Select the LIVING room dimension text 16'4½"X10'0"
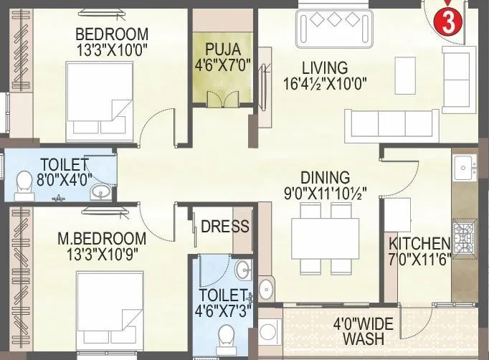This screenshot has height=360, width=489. point(325,82)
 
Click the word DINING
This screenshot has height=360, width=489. point(326,177)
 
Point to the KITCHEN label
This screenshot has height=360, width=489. point(419,244)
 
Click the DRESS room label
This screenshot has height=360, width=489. point(224,227)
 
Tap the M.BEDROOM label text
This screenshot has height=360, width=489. point(101,237)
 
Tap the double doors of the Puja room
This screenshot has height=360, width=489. point(220,98)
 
